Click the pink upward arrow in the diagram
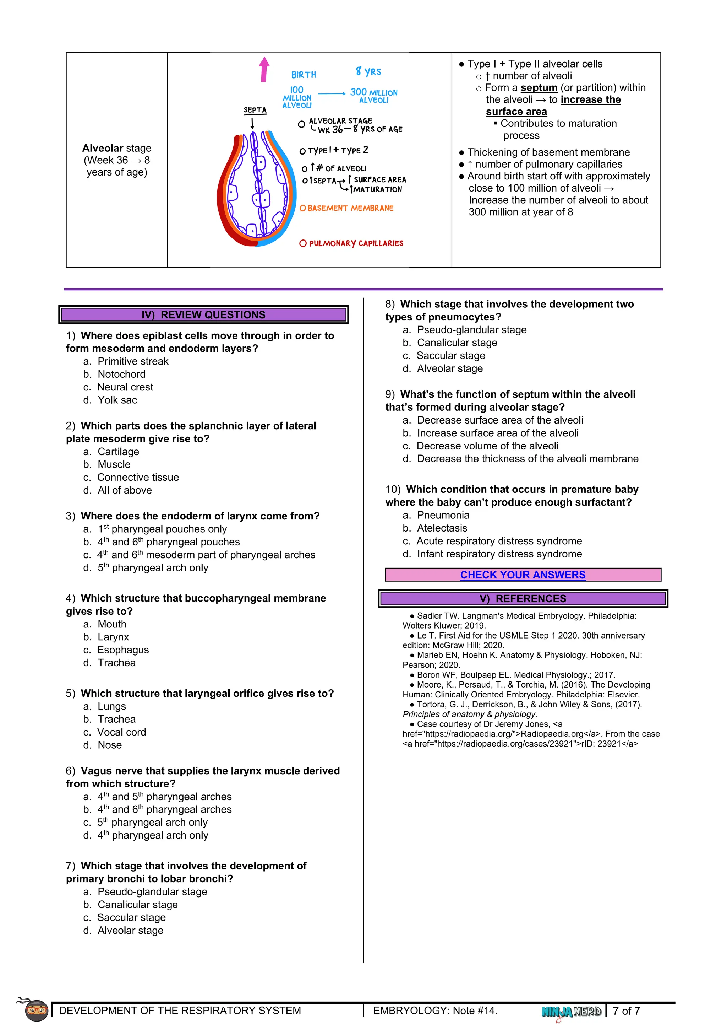pos(264,70)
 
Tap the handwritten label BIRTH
pos(304,75)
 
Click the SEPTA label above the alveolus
pos(255,110)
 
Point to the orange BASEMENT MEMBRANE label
pos(346,209)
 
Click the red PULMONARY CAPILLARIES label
pos(351,243)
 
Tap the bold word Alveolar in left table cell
pos(103,148)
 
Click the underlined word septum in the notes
pos(539,88)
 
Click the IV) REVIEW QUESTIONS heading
pos(204,314)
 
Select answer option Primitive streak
pos(133,361)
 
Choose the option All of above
pos(125,490)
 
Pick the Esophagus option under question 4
pos(123,650)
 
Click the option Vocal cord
pos(121,732)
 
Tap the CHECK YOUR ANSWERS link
pos(523,575)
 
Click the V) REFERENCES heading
pos(523,599)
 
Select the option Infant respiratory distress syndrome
pos(499,554)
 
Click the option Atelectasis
pos(442,528)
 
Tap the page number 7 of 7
pos(626,1011)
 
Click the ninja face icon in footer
pos(36,1010)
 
